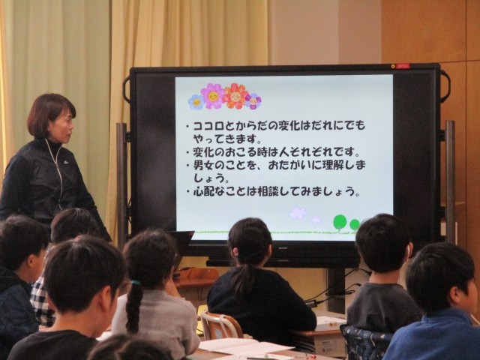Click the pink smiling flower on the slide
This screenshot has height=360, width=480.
[x=212, y=96]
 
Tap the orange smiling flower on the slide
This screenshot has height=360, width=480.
[x=235, y=96]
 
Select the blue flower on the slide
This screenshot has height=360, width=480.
[x=196, y=102]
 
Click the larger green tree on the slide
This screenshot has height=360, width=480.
[x=340, y=223]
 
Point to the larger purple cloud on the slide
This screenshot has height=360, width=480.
[x=298, y=213]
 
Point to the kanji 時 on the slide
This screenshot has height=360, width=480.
[x=269, y=152]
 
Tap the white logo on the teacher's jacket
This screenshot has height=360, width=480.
[x=66, y=162]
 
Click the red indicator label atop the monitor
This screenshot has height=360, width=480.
[x=403, y=66]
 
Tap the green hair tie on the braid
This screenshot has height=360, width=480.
[x=136, y=283]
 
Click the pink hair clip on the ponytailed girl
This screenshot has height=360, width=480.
[x=235, y=253]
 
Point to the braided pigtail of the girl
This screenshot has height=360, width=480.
[x=134, y=306]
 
